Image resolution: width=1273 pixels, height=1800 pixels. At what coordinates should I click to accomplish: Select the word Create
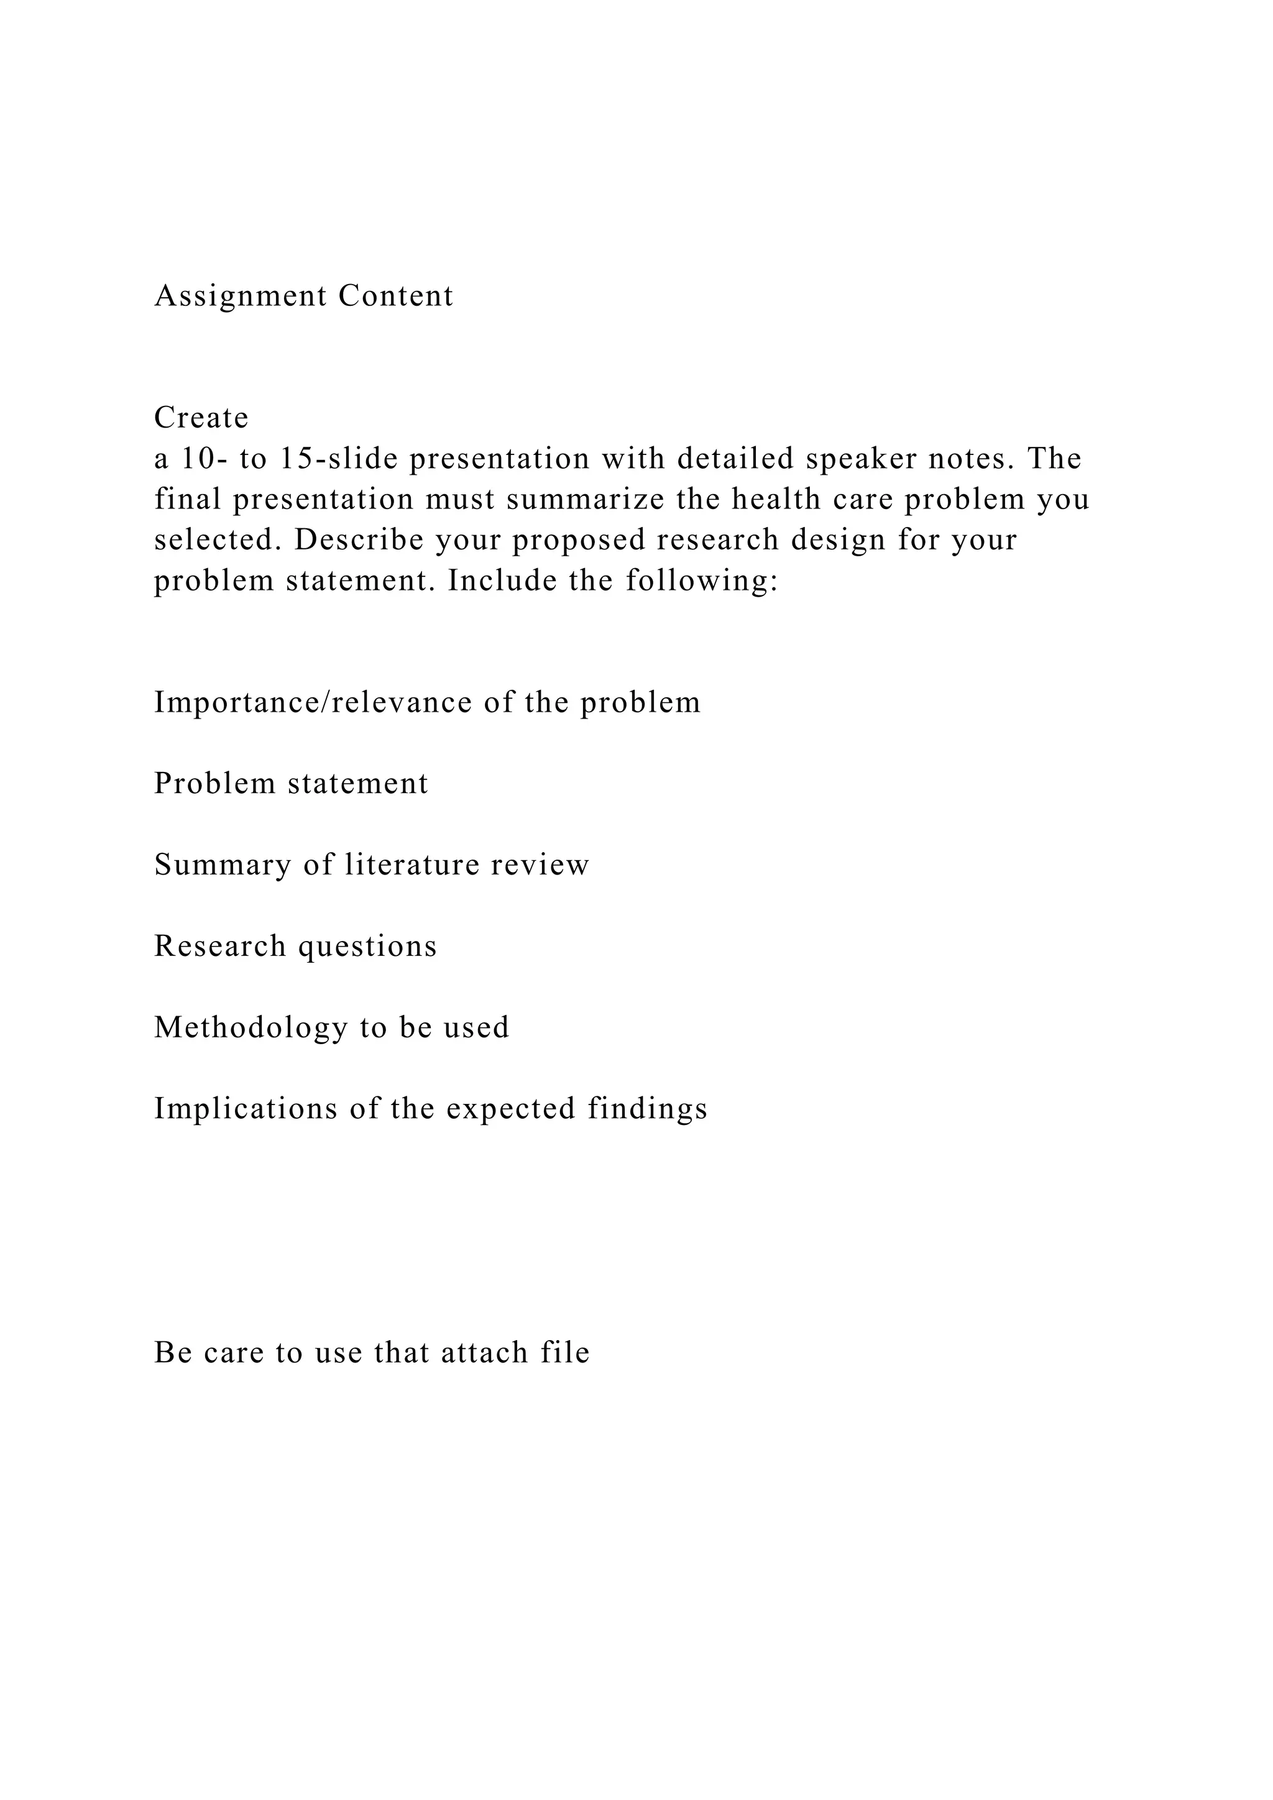[201, 418]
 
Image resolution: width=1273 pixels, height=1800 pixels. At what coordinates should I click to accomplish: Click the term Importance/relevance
[313, 702]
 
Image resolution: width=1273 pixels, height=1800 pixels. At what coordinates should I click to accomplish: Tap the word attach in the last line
[484, 1352]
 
